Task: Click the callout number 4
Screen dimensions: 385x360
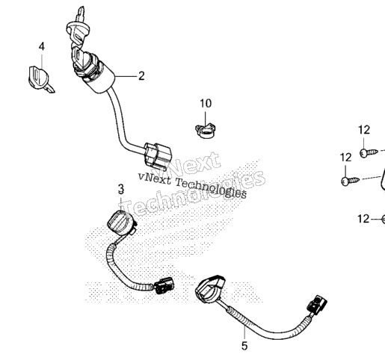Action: click(42, 46)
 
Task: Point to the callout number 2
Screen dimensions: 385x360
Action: click(141, 75)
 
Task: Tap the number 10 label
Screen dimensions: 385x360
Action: click(206, 103)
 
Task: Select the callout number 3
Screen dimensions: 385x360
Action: click(121, 189)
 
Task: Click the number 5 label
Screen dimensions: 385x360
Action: click(244, 346)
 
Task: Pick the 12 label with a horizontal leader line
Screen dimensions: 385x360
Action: click(363, 219)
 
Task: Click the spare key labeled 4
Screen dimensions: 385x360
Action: click(40, 79)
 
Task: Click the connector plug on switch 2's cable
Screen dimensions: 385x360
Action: click(158, 155)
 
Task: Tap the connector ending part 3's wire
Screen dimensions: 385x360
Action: click(164, 285)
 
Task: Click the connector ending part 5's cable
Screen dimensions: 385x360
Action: click(317, 305)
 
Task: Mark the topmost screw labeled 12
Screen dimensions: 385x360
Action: click(369, 152)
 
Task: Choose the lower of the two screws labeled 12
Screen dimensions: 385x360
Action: click(350, 181)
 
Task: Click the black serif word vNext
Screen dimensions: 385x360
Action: click(155, 179)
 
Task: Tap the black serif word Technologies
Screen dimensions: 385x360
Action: click(211, 189)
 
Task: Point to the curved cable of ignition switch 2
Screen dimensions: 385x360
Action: click(119, 120)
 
